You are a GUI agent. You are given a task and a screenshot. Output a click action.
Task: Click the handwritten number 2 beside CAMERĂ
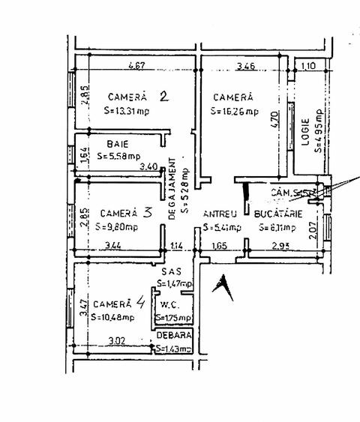[164, 95]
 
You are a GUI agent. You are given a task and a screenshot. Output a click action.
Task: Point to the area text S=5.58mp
[118, 156]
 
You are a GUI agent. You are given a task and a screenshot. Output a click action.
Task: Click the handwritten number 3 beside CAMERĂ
[148, 212]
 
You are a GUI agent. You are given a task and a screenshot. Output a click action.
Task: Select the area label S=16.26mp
[235, 112]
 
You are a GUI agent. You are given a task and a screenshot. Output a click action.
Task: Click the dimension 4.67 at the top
[136, 66]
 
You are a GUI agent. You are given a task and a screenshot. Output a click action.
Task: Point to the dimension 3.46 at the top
[244, 66]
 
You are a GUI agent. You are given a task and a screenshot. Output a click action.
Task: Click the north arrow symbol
[221, 287]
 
